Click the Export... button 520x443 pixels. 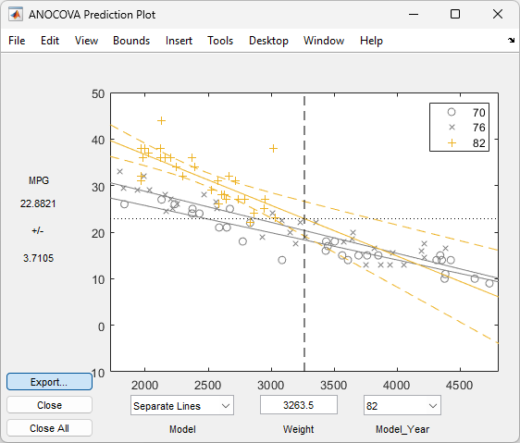[49, 381]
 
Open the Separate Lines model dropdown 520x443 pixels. [180, 405]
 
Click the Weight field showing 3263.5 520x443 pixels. [298, 405]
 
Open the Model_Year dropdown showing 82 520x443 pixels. [402, 405]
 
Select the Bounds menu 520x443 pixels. [131, 41]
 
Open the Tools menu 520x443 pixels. [220, 41]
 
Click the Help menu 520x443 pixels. [371, 41]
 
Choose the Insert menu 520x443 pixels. [180, 41]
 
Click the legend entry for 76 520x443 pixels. [467, 127]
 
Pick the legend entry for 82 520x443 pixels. [467, 142]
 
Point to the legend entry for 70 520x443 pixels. [467, 112]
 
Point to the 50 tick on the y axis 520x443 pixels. [98, 93]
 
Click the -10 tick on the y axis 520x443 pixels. [96, 372]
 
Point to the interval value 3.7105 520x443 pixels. [38, 258]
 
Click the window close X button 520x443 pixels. [496, 14]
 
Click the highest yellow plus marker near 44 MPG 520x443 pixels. [161, 120]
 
